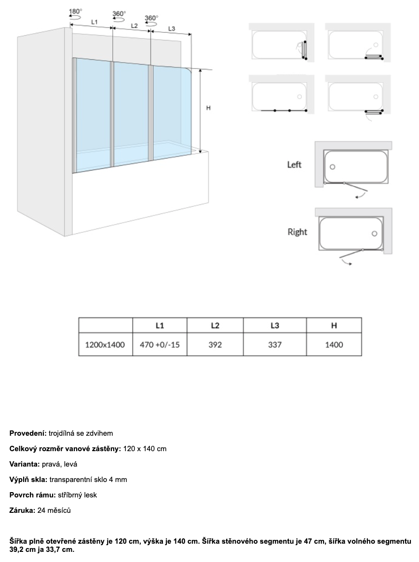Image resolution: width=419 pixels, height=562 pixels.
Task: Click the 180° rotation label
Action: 75,11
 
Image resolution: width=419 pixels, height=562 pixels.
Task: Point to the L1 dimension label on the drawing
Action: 95,22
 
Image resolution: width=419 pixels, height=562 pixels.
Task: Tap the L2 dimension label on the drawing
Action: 134,25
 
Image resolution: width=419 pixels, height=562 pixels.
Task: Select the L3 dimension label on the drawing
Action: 172,29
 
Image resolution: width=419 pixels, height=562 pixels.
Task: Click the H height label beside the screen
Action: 208,108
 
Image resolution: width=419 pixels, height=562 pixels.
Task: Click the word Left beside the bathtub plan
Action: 294,165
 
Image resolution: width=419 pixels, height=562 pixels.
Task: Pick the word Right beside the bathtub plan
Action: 297,232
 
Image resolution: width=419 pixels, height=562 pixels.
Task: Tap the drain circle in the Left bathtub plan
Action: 333,167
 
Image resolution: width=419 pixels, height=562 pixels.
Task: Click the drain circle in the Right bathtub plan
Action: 374,234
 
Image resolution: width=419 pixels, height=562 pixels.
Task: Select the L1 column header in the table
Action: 160,325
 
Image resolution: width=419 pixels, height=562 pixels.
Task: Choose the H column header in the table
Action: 334,325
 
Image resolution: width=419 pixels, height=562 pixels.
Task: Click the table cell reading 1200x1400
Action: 105,345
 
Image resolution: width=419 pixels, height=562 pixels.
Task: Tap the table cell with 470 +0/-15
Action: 160,345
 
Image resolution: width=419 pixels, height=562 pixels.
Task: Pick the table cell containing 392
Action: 215,345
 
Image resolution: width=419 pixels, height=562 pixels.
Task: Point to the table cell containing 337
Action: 274,345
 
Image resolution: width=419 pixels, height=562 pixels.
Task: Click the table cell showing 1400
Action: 334,345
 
